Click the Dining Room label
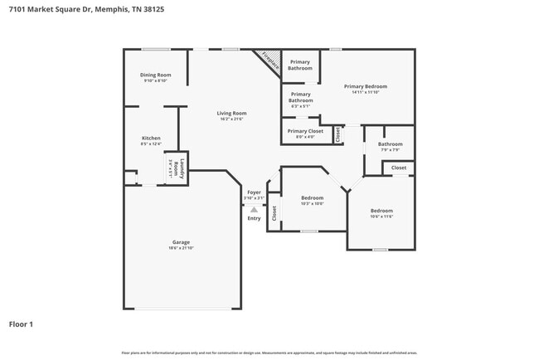156,75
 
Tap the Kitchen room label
151,138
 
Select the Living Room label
232,113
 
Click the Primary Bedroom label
366,86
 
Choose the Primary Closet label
305,131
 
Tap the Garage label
181,242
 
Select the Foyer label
254,192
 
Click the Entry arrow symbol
254,210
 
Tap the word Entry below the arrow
254,218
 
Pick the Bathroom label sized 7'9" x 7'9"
391,144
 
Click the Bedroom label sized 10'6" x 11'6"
381,211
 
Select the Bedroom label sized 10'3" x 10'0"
312,197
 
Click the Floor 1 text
21,324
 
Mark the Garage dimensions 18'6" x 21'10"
181,248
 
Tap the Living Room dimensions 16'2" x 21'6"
232,119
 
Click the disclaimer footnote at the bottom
269,353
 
